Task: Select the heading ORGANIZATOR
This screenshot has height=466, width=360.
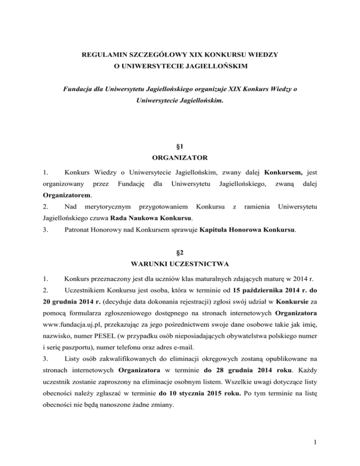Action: tap(180, 158)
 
